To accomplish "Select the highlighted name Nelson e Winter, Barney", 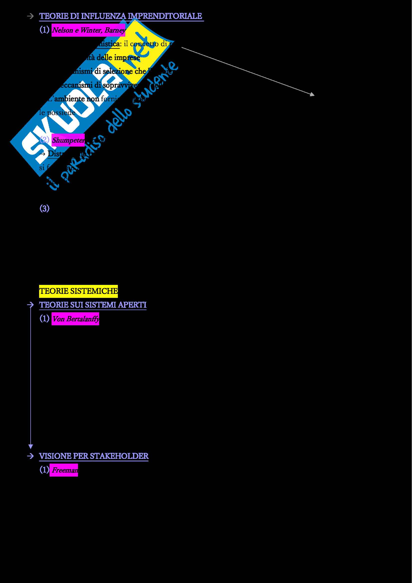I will click(x=88, y=30).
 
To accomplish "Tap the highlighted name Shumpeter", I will click(x=68, y=140).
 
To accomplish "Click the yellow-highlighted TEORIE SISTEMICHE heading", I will click(x=78, y=291).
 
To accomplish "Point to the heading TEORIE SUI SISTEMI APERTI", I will click(x=93, y=305).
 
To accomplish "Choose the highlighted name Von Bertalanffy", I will click(x=75, y=319).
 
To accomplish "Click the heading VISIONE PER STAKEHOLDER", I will click(x=94, y=456).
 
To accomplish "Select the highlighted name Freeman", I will click(x=64, y=470).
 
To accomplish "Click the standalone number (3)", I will click(x=44, y=209).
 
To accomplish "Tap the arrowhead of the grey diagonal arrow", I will click(x=313, y=94).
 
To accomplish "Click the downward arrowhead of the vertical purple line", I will click(x=31, y=447).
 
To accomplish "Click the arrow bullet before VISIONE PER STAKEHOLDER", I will click(x=30, y=456).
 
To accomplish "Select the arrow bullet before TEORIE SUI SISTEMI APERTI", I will click(x=30, y=305).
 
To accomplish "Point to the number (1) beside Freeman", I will click(x=44, y=470).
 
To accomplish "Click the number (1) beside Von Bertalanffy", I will click(x=44, y=318).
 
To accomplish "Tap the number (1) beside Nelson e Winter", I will click(x=44, y=30).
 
